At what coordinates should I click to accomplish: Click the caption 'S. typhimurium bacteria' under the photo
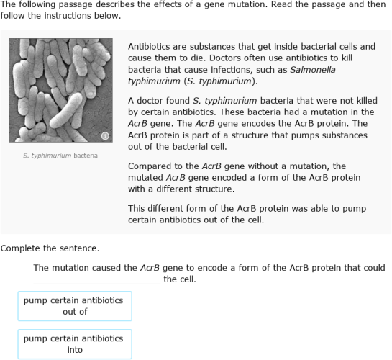60,156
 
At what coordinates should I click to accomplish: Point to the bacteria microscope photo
60,90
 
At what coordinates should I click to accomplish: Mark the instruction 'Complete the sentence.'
50,248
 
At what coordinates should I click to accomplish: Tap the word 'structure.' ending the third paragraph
212,189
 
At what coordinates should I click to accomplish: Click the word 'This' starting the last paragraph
138,208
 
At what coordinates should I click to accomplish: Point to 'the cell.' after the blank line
180,279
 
